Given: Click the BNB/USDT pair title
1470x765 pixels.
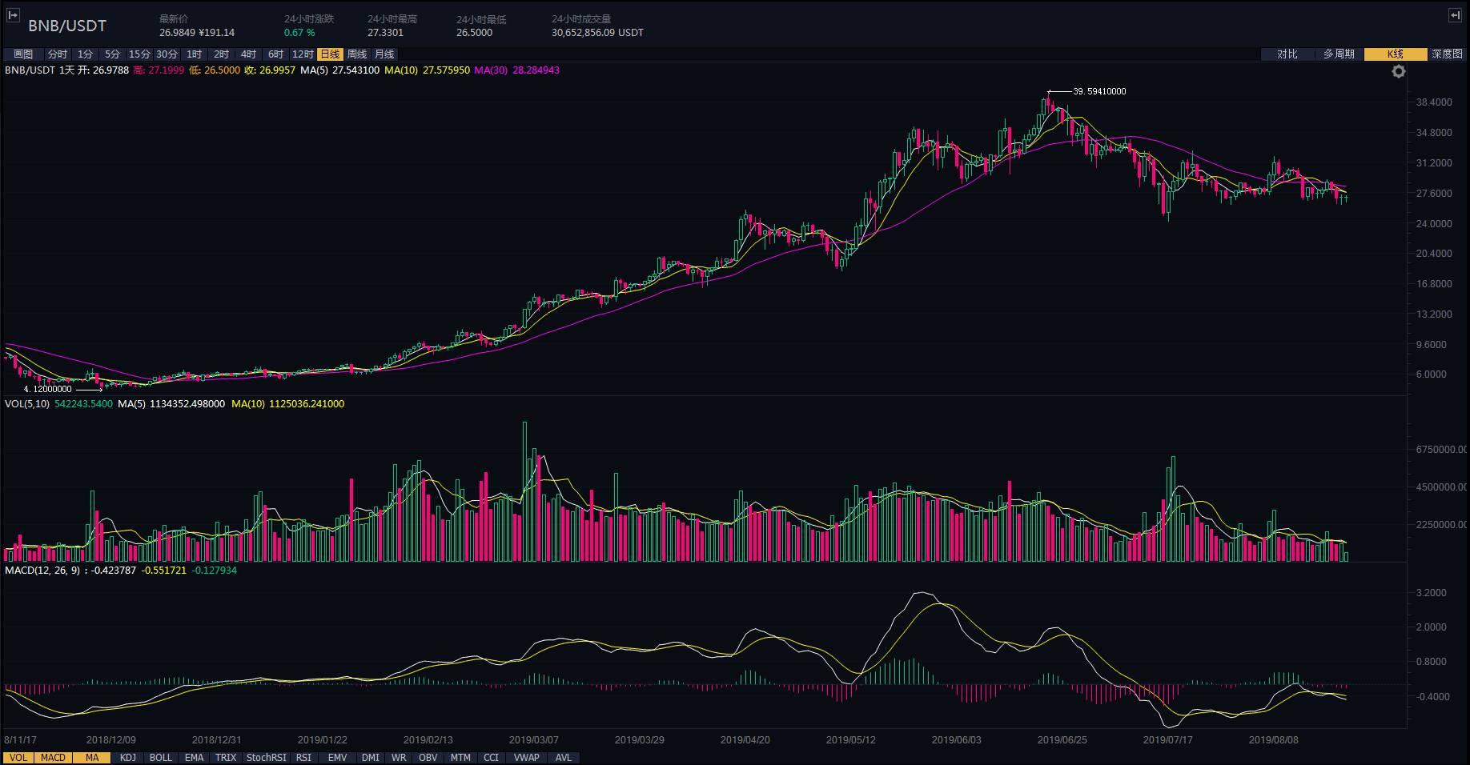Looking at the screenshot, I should pyautogui.click(x=67, y=26).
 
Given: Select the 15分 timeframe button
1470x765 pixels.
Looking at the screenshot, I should pyautogui.click(x=139, y=54).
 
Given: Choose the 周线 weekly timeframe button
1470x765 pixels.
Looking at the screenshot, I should pyautogui.click(x=357, y=54).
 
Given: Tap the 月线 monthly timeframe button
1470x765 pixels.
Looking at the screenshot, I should pyautogui.click(x=384, y=54).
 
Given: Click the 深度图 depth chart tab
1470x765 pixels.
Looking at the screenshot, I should pyautogui.click(x=1447, y=54).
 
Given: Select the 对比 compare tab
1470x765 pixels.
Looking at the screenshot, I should pyautogui.click(x=1287, y=54).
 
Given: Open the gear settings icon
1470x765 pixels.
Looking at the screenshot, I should pyautogui.click(x=1399, y=72).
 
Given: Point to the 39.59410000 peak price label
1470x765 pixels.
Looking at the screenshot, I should pyautogui.click(x=1099, y=91).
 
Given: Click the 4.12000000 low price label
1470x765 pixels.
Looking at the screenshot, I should pyautogui.click(x=48, y=389).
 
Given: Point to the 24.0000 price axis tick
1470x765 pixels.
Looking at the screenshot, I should pyautogui.click(x=1434, y=223).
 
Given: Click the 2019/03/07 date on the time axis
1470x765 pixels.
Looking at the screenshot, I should pyautogui.click(x=534, y=740).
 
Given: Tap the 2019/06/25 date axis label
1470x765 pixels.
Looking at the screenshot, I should pyautogui.click(x=1062, y=740).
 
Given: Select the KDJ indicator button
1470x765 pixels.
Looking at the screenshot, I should pyautogui.click(x=127, y=758).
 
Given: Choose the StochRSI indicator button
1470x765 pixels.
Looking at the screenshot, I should pyautogui.click(x=266, y=758).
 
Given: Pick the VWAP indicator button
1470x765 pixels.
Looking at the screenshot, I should pyautogui.click(x=526, y=758).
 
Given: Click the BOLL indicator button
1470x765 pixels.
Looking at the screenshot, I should pyautogui.click(x=161, y=758).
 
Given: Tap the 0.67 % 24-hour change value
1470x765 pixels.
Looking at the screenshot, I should pyautogui.click(x=299, y=33).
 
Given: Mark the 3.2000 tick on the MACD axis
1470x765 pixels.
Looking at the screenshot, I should pyautogui.click(x=1431, y=593).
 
